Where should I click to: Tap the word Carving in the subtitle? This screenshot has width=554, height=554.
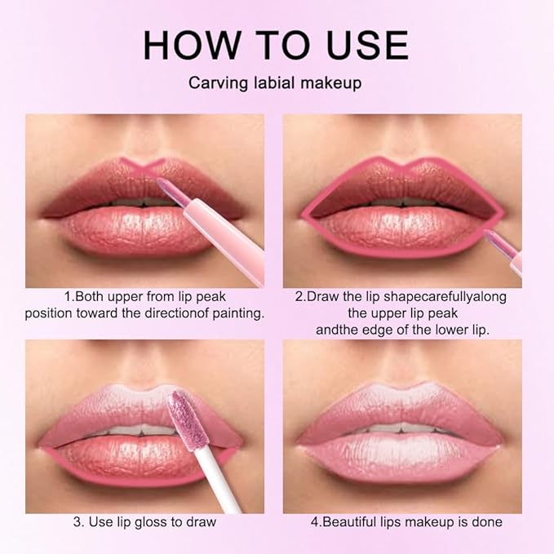pos(215,83)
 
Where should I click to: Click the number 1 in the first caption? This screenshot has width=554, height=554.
pos(67,296)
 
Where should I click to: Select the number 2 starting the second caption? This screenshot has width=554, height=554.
pos(299,296)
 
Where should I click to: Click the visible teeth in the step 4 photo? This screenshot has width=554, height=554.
pos(400,428)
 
